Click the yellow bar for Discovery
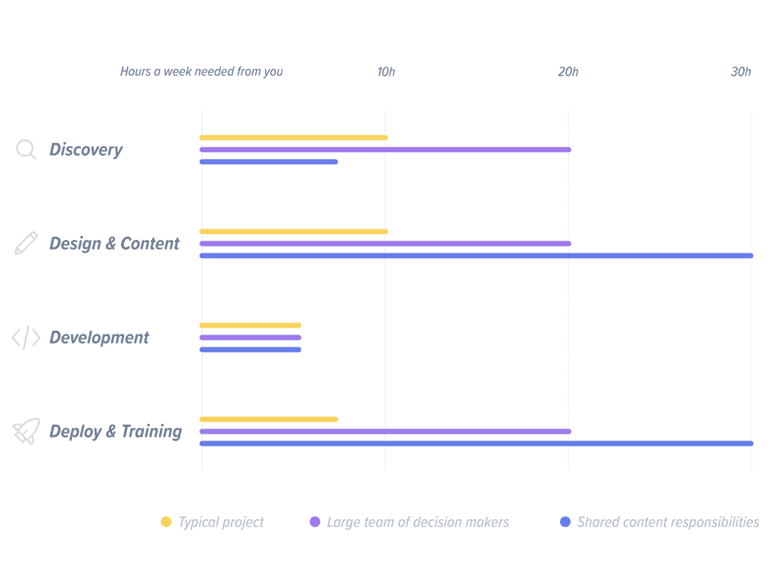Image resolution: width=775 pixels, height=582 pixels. coord(294,138)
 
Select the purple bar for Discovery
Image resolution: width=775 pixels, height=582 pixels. coord(385,150)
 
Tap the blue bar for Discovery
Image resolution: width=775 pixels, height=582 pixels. coord(269,162)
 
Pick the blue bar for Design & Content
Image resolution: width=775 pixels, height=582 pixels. coord(476,256)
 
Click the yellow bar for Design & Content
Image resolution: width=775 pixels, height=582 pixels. coord(294,232)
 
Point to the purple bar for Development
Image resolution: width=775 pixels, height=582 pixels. coord(250,338)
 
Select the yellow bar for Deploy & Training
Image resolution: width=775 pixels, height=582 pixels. coord(269,419)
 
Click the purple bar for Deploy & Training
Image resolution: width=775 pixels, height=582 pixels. coord(385,431)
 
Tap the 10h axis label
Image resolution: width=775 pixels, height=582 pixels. coord(386,72)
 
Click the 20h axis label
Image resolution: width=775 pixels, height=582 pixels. coord(568,72)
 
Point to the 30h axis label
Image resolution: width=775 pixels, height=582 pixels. coord(741,72)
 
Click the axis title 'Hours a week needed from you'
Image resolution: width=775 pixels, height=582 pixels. coord(201,72)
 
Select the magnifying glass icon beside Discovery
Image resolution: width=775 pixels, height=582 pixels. coord(26,150)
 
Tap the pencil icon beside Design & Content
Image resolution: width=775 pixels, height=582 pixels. coord(26,244)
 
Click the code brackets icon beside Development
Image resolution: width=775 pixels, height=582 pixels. coord(26,338)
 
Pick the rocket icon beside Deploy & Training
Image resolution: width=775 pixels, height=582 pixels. coord(26,431)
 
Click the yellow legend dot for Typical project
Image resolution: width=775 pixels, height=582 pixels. coord(166,522)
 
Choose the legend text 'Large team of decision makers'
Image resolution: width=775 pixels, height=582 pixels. coord(418,522)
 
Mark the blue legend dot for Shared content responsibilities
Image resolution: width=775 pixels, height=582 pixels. coord(565,522)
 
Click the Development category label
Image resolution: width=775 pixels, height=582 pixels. coord(99,338)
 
